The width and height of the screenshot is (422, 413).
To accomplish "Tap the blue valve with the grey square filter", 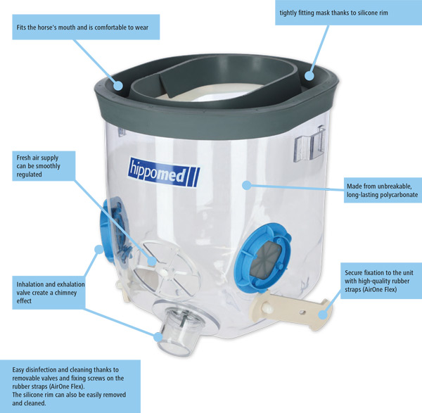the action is tap(262, 257).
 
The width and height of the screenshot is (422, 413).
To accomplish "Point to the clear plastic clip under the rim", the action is tap(309, 144).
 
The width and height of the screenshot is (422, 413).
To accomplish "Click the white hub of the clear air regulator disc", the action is tap(164, 273).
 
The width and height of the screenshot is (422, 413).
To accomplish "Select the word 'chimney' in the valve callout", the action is tap(65, 293).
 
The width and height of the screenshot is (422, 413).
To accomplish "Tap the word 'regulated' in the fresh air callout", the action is tap(29, 174).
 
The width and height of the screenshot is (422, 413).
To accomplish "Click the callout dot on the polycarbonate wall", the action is tap(247, 185).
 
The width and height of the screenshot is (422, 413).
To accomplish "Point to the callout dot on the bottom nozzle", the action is tap(158, 336).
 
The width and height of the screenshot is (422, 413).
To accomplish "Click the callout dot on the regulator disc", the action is tap(152, 261).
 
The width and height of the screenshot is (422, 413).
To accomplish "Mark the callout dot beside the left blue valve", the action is tap(99, 249).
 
